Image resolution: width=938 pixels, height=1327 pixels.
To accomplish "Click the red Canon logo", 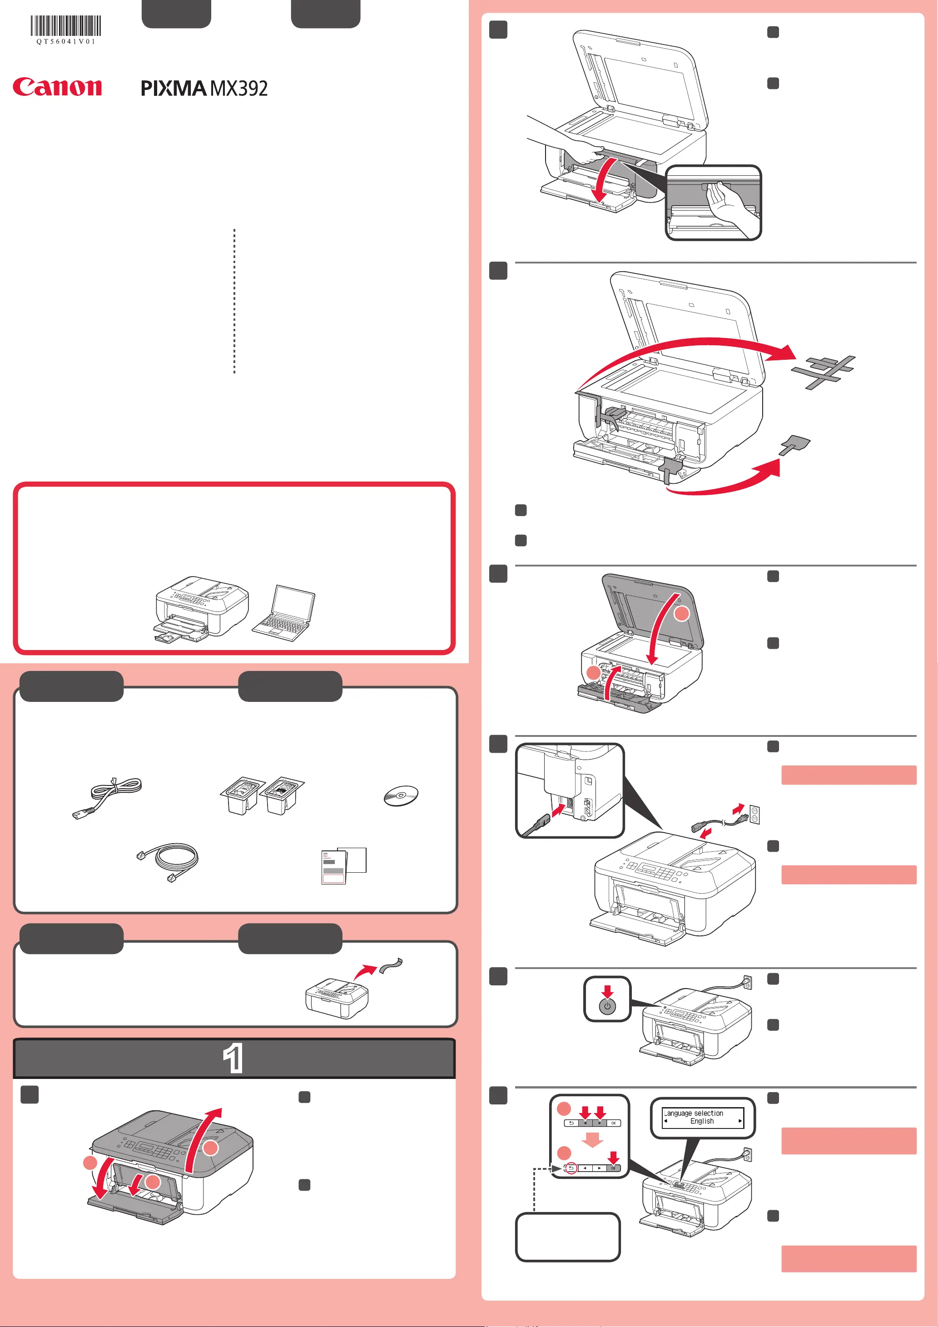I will tap(57, 87).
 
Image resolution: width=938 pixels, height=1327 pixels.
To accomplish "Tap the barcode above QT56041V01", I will tap(66, 26).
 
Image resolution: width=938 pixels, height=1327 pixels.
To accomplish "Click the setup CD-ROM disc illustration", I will tap(401, 795).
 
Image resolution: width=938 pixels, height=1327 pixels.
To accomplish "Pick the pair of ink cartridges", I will tap(262, 795).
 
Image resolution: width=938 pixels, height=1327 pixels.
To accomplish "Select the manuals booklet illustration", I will tap(343, 865).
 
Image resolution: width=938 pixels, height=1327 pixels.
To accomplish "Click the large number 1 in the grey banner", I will tap(233, 1058).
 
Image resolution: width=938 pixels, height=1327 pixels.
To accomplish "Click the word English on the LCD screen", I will tap(702, 1121).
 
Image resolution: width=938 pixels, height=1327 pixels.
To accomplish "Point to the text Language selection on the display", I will tap(694, 1113).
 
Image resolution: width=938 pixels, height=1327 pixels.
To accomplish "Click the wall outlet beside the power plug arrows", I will tap(754, 815).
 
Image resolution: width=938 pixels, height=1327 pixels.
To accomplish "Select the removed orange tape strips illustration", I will tap(824, 370).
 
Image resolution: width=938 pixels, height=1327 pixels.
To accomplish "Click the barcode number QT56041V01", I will tap(66, 42).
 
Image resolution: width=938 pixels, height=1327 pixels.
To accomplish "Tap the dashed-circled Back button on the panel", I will tap(571, 1168).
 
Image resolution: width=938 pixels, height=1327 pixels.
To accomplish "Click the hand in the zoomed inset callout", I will tap(731, 208).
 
